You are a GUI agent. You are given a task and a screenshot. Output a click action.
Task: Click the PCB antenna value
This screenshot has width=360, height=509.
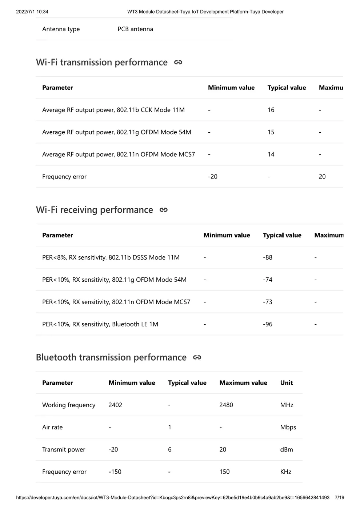pyautogui.click(x=135, y=29)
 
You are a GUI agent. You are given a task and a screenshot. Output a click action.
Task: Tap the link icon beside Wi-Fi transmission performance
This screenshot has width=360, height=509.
pyautogui.click(x=178, y=63)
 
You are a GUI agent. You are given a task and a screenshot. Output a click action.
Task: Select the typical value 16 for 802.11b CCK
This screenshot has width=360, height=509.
pyautogui.click(x=271, y=110)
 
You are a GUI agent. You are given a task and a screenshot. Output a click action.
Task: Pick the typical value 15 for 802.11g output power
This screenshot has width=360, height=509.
pyautogui.click(x=271, y=132)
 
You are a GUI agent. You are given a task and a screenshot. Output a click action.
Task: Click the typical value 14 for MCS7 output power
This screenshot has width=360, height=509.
pyautogui.click(x=271, y=154)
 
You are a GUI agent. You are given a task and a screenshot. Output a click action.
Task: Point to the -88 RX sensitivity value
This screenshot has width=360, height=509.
pyautogui.click(x=268, y=257)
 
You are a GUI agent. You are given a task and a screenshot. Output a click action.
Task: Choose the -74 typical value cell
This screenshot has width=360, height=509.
pyautogui.click(x=268, y=280)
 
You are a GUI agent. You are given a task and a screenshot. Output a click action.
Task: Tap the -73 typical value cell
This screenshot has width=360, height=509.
pyautogui.click(x=268, y=302)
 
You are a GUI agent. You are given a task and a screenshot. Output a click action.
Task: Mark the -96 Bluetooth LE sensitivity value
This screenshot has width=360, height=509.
pyautogui.click(x=268, y=324)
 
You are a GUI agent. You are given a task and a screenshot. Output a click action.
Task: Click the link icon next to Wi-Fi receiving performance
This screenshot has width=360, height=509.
pyautogui.click(x=164, y=210)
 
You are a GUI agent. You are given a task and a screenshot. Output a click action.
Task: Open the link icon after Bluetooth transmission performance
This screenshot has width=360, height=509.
pyautogui.click(x=197, y=357)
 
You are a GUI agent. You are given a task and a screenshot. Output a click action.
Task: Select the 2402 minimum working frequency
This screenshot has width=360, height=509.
pyautogui.click(x=115, y=405)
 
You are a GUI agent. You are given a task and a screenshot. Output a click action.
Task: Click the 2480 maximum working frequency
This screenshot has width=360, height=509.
pyautogui.click(x=226, y=405)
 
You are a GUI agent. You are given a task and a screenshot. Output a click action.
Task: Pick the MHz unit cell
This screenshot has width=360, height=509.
pyautogui.click(x=287, y=405)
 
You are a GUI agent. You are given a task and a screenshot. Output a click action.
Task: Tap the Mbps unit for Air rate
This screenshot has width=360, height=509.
pyautogui.click(x=288, y=427)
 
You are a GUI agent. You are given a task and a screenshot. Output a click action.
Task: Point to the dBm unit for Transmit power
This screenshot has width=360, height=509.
pyautogui.click(x=287, y=449)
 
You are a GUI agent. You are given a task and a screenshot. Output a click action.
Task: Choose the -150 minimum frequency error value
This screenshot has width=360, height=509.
pyautogui.click(x=115, y=472)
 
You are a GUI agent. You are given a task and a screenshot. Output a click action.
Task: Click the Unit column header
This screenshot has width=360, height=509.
pyautogui.click(x=287, y=383)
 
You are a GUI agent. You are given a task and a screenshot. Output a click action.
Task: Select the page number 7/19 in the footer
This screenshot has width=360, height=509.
pyautogui.click(x=339, y=497)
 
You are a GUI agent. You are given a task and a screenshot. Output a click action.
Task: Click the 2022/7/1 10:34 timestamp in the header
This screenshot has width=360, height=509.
pyautogui.click(x=32, y=12)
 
